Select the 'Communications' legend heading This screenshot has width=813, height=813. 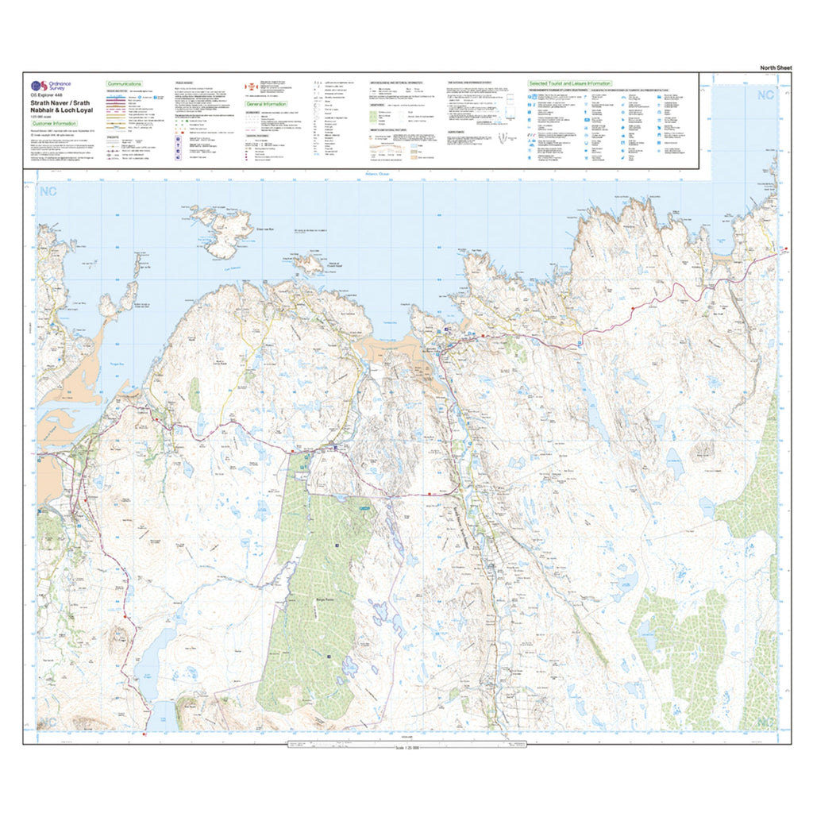pos(124,83)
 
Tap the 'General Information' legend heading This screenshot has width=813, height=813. pos(266,104)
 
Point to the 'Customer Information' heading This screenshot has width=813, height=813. pos(53,123)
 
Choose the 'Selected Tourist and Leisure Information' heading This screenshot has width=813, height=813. pos(570,83)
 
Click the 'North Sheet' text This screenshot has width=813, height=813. pos(775,68)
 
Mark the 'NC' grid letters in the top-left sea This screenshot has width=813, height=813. pos(49,191)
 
